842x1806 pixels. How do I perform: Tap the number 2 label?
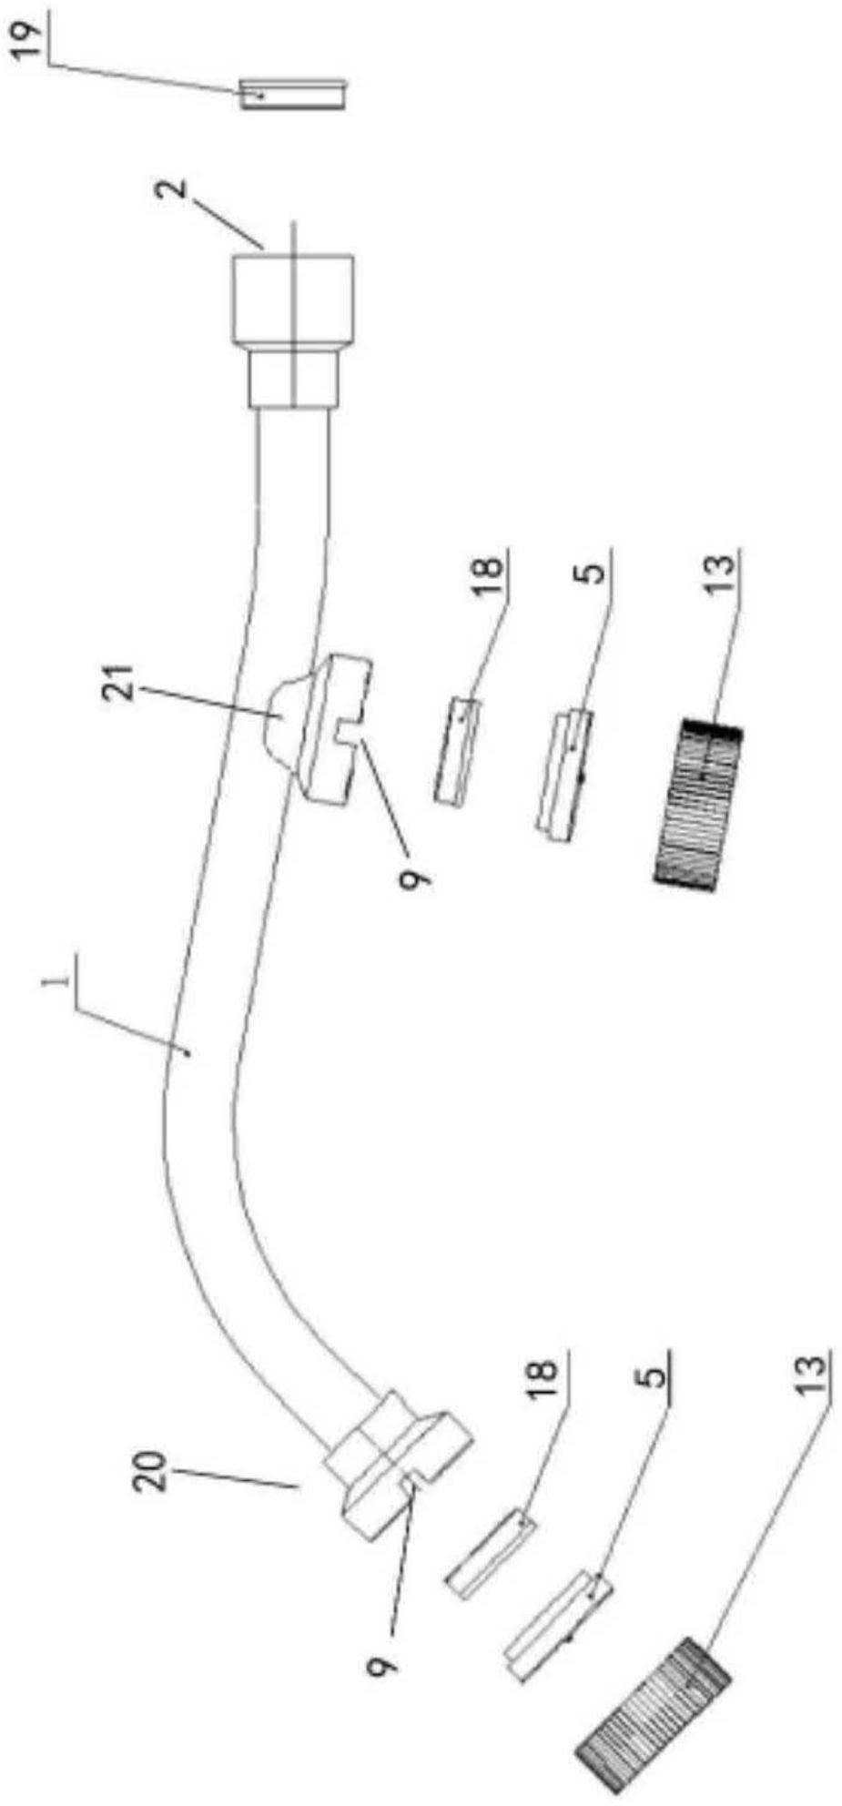tap(177, 194)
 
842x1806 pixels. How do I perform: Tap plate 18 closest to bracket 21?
tap(457, 748)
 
